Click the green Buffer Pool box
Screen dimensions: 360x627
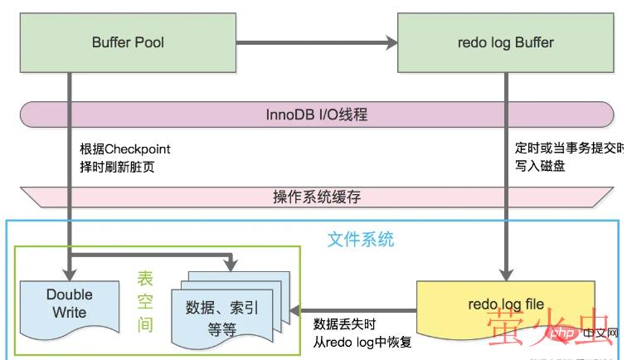tap(124, 41)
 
